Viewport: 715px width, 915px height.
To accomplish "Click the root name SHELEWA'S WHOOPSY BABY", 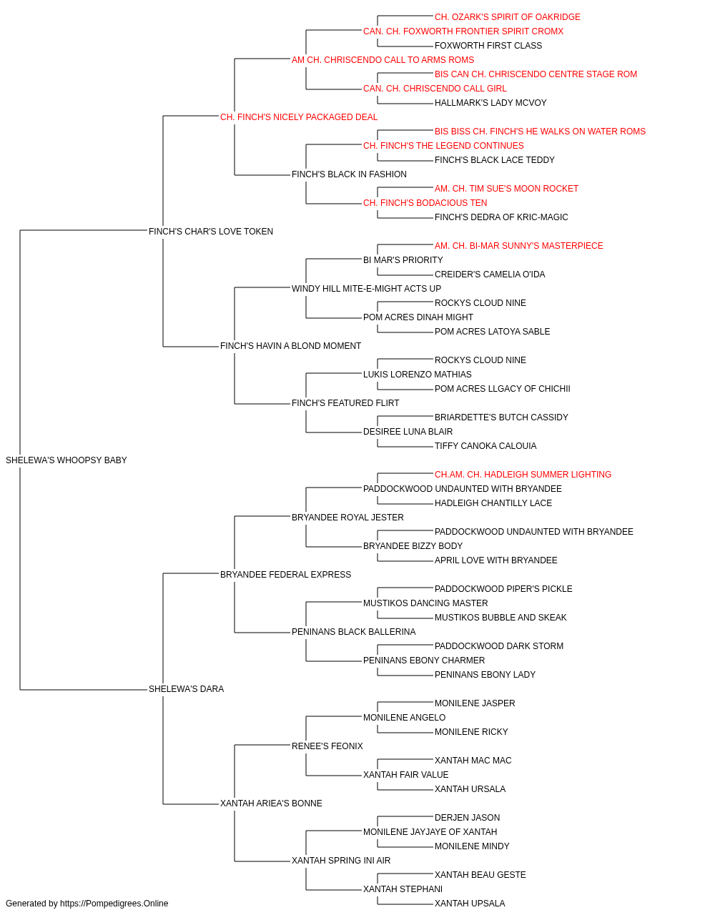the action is tap(66, 460).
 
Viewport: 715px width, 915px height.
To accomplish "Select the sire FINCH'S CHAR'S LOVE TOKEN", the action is tap(210, 231).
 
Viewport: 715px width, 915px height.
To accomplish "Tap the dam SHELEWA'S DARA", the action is tap(186, 689).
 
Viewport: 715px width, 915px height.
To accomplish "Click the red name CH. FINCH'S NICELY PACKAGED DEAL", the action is tap(299, 117).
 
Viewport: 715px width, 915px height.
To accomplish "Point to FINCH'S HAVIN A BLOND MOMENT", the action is tap(290, 346).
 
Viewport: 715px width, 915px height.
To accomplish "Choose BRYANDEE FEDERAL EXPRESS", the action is tap(285, 574).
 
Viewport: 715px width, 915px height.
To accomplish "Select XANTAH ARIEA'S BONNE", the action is tap(271, 803).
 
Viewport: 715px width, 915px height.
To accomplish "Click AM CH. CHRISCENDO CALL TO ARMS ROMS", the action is tap(383, 60).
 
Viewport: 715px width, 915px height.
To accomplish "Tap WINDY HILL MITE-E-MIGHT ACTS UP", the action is tap(366, 288).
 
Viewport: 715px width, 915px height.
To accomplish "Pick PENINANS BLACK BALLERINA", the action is tap(354, 632).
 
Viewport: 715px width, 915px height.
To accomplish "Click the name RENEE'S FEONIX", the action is tap(327, 746).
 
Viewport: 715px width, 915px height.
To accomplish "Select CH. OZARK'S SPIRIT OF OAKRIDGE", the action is tap(508, 17).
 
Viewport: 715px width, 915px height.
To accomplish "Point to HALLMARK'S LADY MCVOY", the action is tap(490, 103).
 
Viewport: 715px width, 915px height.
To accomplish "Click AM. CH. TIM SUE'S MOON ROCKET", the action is tap(506, 189).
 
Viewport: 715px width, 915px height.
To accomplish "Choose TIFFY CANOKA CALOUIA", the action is tap(485, 446).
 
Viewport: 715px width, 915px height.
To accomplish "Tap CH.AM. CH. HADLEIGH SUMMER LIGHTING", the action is tap(523, 475).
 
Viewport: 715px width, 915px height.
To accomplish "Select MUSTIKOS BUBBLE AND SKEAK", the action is tap(500, 618).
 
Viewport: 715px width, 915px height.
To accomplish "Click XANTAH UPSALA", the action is tap(470, 904).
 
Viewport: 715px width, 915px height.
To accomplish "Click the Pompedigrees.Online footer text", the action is tap(87, 904).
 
